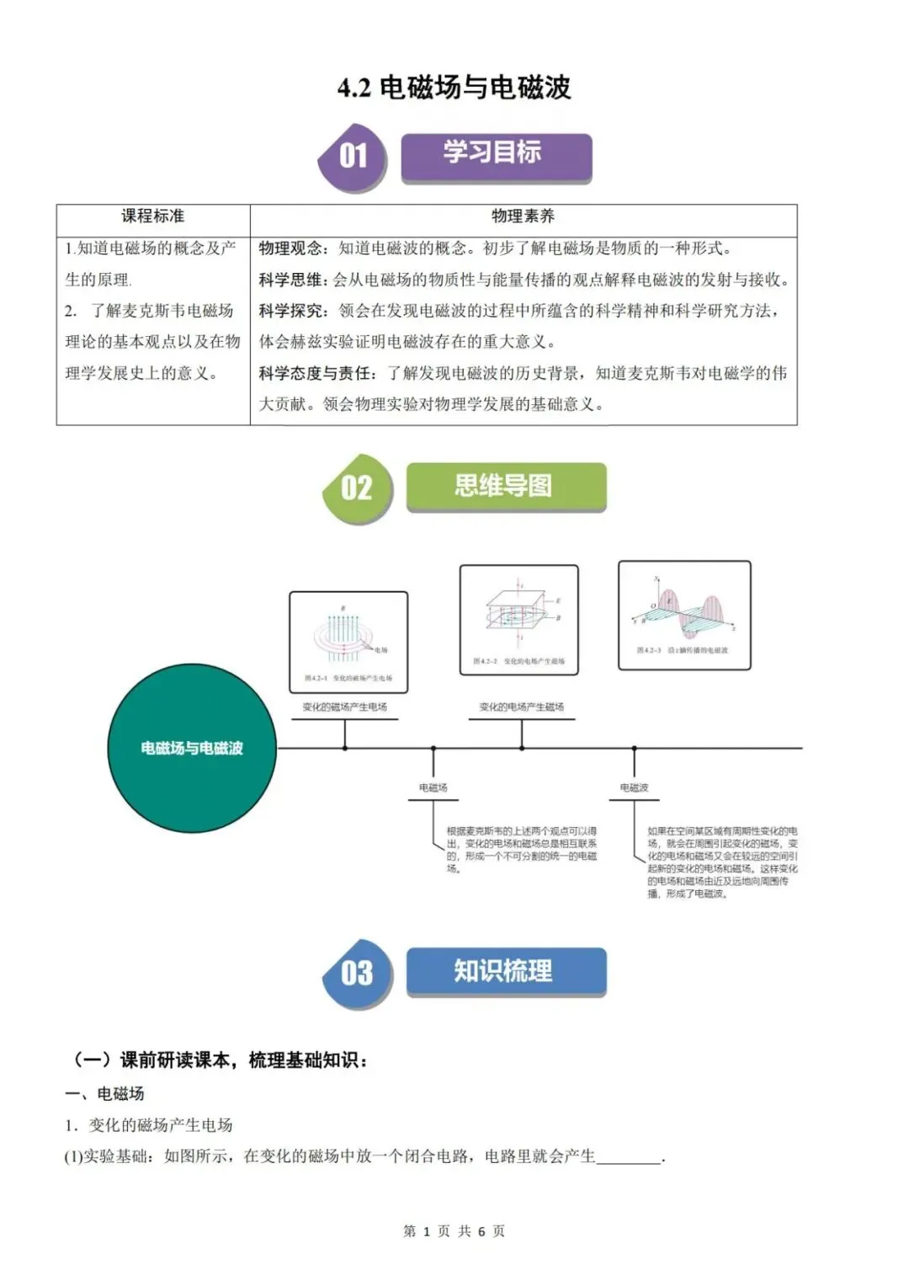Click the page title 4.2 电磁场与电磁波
(x=454, y=87)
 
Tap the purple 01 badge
(x=353, y=157)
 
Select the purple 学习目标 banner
(x=496, y=155)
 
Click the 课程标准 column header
(x=152, y=216)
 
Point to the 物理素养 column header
(x=523, y=216)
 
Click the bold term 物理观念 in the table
(x=290, y=248)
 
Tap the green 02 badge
(x=357, y=488)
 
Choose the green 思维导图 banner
(x=505, y=486)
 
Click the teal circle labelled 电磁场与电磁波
(x=192, y=748)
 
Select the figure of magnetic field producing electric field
(x=348, y=642)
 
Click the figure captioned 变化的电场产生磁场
(x=518, y=620)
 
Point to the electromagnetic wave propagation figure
(x=684, y=616)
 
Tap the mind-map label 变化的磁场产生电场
(x=345, y=707)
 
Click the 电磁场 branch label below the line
(x=433, y=788)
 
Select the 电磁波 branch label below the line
(x=634, y=788)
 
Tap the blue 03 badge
(x=357, y=974)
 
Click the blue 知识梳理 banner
(x=505, y=971)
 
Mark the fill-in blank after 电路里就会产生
(x=630, y=1157)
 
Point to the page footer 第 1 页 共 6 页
(x=454, y=1231)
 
